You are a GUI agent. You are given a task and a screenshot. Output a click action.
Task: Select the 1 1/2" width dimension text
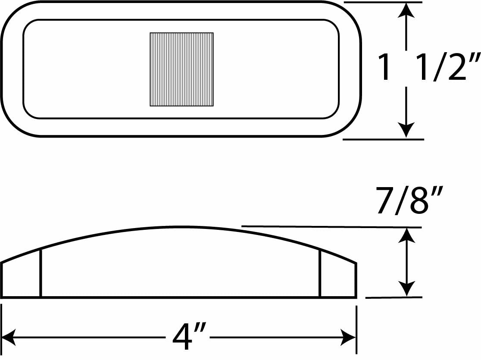pyautogui.click(x=428, y=67)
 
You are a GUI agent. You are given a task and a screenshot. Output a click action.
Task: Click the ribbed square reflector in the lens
pyautogui.click(x=181, y=69)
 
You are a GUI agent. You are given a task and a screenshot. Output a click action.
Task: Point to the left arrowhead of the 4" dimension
pyautogui.click(x=9, y=338)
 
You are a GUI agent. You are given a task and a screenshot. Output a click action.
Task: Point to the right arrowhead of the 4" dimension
pyautogui.click(x=349, y=338)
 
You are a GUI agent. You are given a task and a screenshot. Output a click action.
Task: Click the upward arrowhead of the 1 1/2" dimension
pyautogui.click(x=406, y=12)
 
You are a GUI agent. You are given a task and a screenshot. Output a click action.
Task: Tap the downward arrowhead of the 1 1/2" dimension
pyautogui.click(x=406, y=130)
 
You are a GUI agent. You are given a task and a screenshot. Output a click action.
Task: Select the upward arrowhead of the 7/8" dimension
pyautogui.click(x=407, y=236)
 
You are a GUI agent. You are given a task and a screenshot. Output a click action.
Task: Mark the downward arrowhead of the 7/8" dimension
pyautogui.click(x=407, y=289)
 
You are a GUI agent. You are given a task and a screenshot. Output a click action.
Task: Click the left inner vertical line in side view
pyautogui.click(x=41, y=273)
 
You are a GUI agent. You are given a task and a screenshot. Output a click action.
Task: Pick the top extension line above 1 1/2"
pyautogui.click(x=383, y=2)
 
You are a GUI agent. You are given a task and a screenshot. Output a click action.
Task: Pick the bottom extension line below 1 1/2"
pyautogui.click(x=383, y=139)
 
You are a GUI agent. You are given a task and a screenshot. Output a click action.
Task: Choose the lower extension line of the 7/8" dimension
pyautogui.click(x=394, y=297)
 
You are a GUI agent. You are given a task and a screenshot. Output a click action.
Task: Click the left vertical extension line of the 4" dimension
pyautogui.click(x=2, y=329)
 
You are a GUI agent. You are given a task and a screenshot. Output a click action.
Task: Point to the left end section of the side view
pyautogui.click(x=21, y=276)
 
